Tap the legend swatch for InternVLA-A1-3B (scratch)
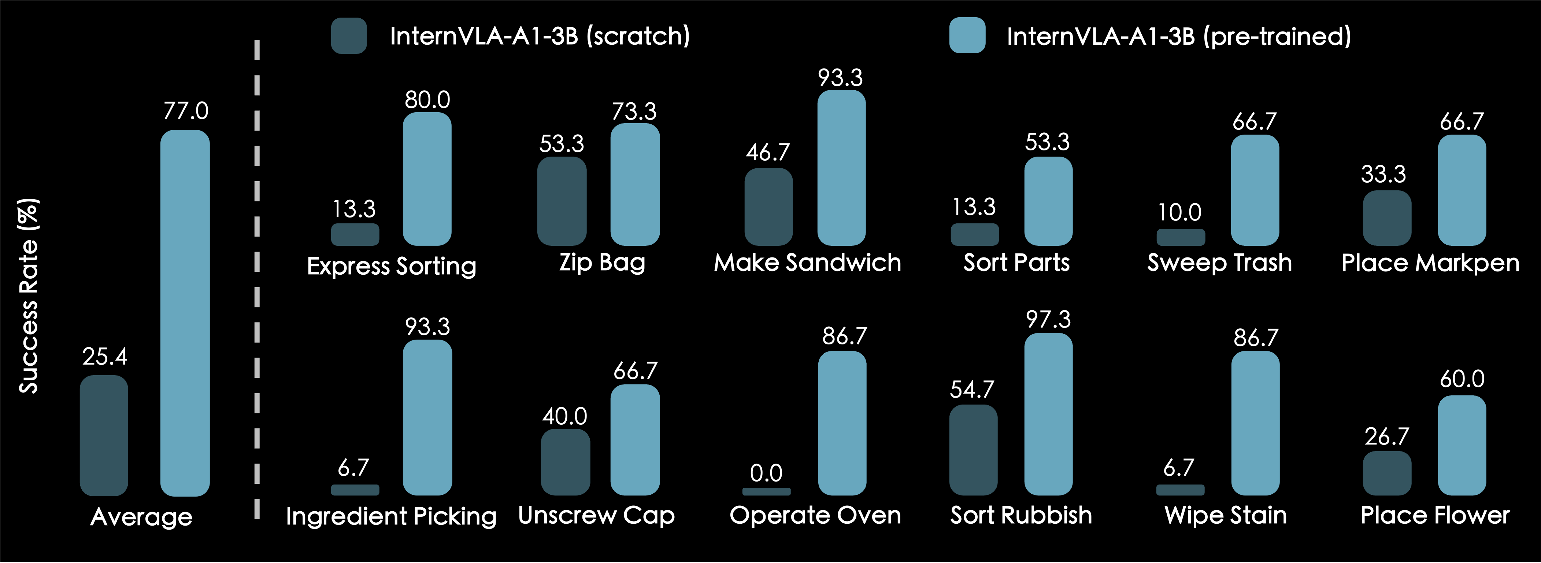point(349,36)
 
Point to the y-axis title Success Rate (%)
point(29,296)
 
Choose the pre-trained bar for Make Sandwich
point(841,168)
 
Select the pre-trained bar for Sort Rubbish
point(1048,414)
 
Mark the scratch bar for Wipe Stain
point(1180,490)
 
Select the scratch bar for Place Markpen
point(1387,218)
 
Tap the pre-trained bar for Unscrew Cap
point(635,440)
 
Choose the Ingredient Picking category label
point(391,516)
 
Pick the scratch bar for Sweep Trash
point(1180,237)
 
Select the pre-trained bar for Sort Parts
point(1048,201)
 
